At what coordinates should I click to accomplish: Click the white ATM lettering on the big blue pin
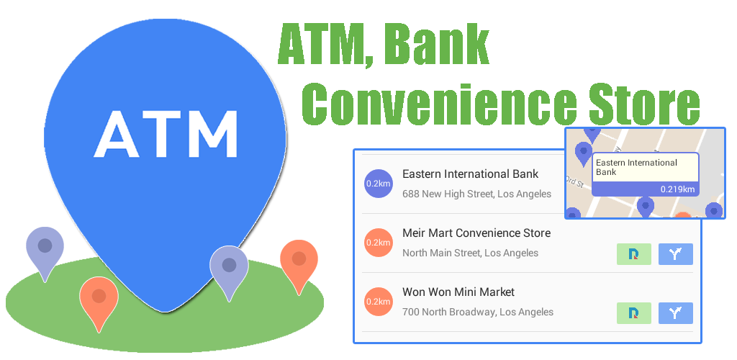point(166,134)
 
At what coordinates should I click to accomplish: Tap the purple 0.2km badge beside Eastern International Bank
point(379,184)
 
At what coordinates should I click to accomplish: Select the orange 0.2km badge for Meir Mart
point(379,243)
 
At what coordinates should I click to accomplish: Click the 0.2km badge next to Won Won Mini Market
point(379,301)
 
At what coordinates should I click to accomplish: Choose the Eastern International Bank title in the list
point(471,174)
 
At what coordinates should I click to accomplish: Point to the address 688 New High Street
point(476,194)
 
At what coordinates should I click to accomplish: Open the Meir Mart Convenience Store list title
point(476,233)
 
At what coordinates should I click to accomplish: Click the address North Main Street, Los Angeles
point(470,253)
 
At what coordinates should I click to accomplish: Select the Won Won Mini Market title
point(458,292)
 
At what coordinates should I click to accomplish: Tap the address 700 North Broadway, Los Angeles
point(478,312)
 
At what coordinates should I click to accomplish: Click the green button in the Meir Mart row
point(633,254)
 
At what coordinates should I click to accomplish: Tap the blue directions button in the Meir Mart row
point(675,254)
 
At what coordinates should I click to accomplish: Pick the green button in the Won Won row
point(633,313)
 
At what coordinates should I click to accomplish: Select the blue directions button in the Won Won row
point(675,313)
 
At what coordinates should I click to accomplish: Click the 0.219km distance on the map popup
point(677,189)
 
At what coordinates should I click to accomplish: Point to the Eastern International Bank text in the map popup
point(636,167)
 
